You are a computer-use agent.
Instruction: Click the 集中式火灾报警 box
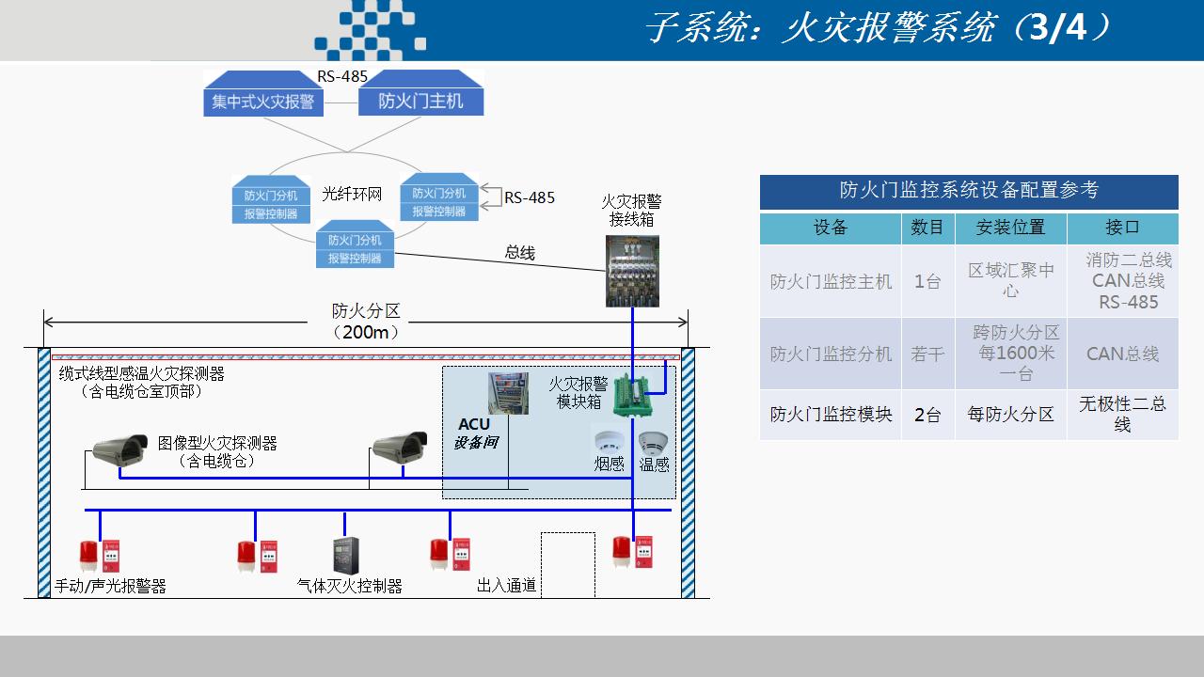coord(263,101)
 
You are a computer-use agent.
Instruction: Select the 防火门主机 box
coord(420,101)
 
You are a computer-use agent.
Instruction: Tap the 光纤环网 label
coord(352,194)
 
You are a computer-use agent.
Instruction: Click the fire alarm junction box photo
coord(632,271)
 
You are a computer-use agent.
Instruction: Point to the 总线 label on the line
coord(520,252)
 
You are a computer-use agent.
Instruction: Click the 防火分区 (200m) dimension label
coord(366,322)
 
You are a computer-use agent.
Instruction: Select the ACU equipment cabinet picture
coord(508,394)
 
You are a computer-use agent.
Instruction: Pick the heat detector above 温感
coord(653,442)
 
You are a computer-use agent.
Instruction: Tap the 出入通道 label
coord(506,586)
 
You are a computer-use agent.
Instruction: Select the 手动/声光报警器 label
coord(110,586)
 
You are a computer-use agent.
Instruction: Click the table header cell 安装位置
coord(1010,228)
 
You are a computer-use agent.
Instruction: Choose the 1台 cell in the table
coord(927,281)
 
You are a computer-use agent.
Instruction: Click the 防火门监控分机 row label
coord(831,354)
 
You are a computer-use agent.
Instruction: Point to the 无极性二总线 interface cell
coord(1122,414)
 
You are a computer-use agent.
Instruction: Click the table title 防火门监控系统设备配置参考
coord(968,191)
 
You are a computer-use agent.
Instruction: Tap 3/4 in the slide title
coord(1058,28)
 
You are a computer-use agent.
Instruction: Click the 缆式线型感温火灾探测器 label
coord(142,373)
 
